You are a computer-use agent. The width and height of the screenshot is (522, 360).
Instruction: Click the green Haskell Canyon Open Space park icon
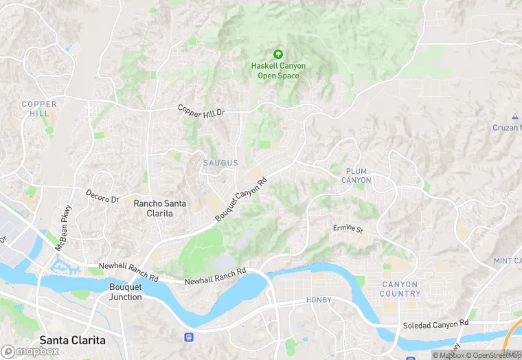(278, 54)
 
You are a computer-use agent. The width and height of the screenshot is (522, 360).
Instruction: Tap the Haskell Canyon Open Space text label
(278, 71)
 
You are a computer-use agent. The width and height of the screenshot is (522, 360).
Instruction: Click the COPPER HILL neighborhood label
(39, 109)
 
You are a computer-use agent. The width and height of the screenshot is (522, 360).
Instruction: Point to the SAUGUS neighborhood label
(220, 163)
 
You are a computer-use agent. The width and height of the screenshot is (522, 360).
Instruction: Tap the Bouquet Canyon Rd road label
(240, 200)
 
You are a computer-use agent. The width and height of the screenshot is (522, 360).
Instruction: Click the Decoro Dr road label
(102, 196)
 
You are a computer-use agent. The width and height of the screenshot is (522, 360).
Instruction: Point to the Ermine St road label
(348, 228)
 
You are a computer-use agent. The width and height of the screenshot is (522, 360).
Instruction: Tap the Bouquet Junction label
(126, 292)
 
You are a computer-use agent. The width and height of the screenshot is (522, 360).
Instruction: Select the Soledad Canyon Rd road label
(436, 322)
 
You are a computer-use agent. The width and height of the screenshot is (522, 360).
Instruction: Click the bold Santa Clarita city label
(72, 340)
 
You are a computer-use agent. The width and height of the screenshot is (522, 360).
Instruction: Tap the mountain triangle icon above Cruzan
(515, 117)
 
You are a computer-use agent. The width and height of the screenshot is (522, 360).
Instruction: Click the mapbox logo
(31, 351)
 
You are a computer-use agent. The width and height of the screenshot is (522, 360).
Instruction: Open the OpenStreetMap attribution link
(492, 355)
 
